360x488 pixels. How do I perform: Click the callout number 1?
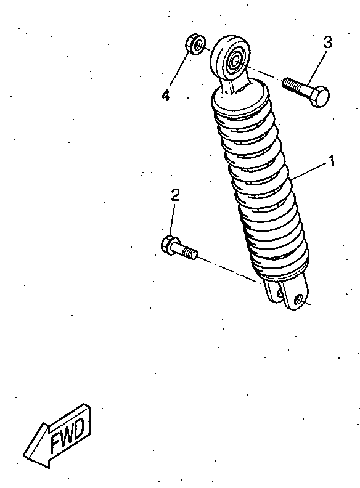(332, 161)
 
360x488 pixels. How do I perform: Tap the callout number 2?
(175, 195)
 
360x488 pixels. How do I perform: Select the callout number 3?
(327, 42)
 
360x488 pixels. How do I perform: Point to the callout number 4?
(166, 95)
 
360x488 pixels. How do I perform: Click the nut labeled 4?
(195, 44)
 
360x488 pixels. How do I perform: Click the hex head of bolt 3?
(319, 96)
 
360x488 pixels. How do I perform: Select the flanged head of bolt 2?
(170, 245)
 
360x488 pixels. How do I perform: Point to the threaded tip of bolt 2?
(190, 253)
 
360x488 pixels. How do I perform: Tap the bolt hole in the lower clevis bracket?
(299, 299)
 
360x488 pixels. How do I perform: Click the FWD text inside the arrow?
(68, 436)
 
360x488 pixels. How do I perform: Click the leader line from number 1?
(310, 171)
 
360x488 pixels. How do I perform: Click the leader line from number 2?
(172, 220)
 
